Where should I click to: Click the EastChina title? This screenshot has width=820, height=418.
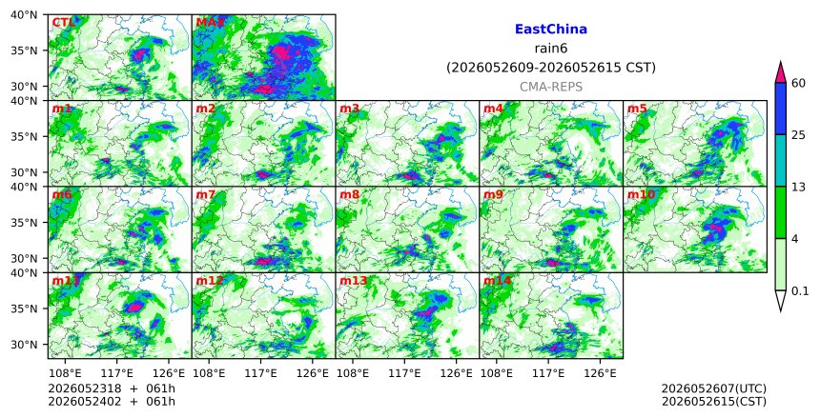[551, 30]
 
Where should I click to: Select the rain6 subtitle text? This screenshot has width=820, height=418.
[551, 49]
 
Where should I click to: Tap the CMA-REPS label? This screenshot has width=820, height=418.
[551, 87]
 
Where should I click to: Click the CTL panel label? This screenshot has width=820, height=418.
[63, 23]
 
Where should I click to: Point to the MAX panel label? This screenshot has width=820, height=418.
[210, 23]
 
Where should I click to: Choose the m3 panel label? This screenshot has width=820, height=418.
[349, 109]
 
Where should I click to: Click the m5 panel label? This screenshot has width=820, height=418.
[637, 109]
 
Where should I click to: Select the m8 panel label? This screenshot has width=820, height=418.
[349, 195]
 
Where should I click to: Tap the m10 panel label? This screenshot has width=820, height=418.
[641, 195]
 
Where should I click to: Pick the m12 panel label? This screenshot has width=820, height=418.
[209, 281]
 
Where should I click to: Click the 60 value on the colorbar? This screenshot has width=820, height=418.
[798, 83]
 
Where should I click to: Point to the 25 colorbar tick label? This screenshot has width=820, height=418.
[798, 135]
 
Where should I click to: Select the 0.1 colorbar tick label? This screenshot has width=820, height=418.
[800, 291]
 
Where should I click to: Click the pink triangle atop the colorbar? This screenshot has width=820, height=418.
[780, 73]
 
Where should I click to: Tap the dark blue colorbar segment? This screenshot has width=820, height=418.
[780, 109]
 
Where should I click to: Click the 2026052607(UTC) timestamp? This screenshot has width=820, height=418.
[714, 388]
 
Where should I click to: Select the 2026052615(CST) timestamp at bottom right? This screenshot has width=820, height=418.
[714, 402]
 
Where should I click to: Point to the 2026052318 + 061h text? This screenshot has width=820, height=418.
[112, 388]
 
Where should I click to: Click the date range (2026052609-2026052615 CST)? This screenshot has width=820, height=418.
[551, 68]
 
